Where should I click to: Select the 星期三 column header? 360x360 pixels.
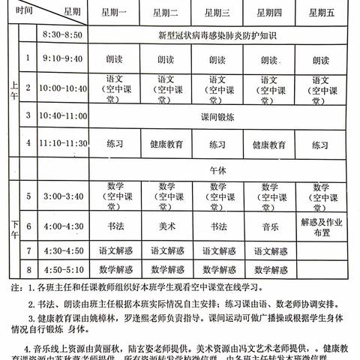217,12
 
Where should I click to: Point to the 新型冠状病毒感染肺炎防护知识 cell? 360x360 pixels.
217,35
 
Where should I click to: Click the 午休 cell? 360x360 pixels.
217,170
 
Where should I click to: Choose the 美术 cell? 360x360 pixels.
166,225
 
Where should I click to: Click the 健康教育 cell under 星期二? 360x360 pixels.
166,142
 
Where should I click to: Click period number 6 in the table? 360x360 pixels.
28,225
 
